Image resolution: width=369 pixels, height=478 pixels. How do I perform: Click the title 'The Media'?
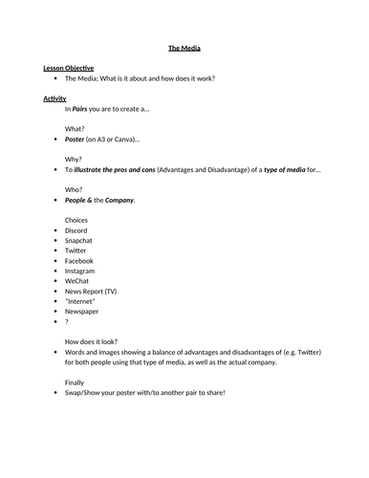click(x=184, y=47)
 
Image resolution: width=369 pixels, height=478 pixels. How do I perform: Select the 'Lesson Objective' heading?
click(x=68, y=69)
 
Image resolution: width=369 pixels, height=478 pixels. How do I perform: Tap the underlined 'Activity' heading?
click(x=54, y=98)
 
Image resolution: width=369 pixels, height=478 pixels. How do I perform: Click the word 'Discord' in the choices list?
click(x=76, y=230)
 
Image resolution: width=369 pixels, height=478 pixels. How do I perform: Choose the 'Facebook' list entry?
click(x=79, y=261)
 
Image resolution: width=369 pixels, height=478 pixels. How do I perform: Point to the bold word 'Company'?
click(x=119, y=200)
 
